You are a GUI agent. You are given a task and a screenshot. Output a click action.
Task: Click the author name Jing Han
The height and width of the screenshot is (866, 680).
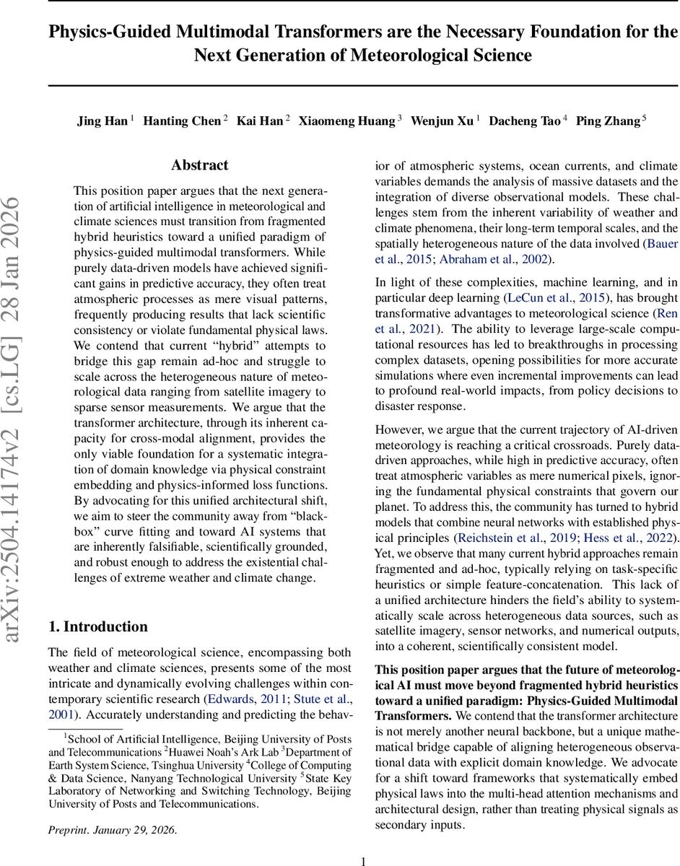102,121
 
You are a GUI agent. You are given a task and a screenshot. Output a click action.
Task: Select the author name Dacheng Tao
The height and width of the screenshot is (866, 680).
523,121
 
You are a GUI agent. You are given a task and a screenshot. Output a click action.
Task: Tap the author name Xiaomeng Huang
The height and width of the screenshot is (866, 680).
346,121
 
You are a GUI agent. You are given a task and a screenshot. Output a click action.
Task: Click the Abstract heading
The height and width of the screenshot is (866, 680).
200,165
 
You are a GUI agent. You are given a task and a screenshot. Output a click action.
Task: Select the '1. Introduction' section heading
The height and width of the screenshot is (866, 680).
97,626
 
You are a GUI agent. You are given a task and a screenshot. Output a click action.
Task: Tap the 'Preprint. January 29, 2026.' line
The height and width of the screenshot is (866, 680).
112,830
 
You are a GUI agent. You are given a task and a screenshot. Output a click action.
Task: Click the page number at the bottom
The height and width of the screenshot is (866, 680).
364,860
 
